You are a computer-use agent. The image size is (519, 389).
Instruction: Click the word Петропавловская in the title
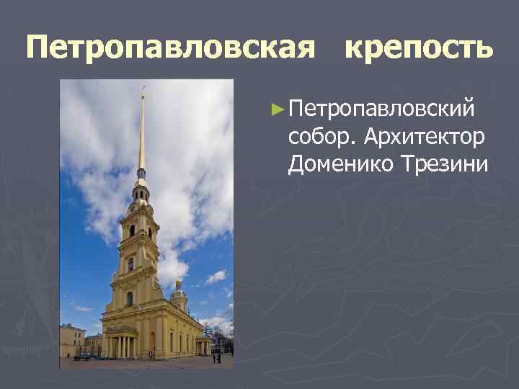point(170,48)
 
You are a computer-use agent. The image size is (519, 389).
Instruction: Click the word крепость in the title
point(419,49)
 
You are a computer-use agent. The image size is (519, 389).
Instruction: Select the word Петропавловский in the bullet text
point(381,109)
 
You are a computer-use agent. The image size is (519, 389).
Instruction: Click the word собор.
point(322,137)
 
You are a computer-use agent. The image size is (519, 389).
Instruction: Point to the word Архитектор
point(425,137)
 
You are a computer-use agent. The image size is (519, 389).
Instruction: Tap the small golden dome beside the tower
point(178,285)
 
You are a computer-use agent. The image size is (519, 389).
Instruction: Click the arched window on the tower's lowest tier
point(130,298)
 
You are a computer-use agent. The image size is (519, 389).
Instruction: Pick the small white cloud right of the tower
point(216,276)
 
